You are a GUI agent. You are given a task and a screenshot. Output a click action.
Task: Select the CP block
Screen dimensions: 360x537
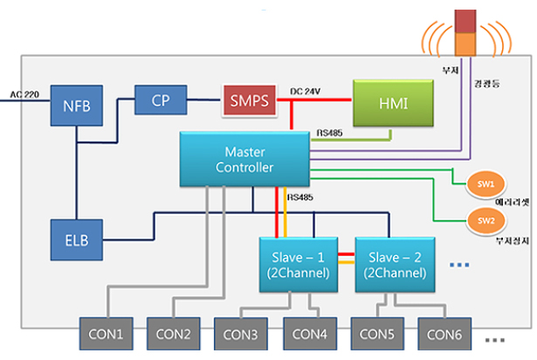[161, 100]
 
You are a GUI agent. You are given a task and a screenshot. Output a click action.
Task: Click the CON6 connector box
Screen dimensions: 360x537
[446, 334]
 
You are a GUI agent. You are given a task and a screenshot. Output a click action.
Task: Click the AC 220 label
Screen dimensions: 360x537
[24, 93]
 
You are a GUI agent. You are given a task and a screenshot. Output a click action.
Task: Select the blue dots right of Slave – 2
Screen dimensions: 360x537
[460, 264]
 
